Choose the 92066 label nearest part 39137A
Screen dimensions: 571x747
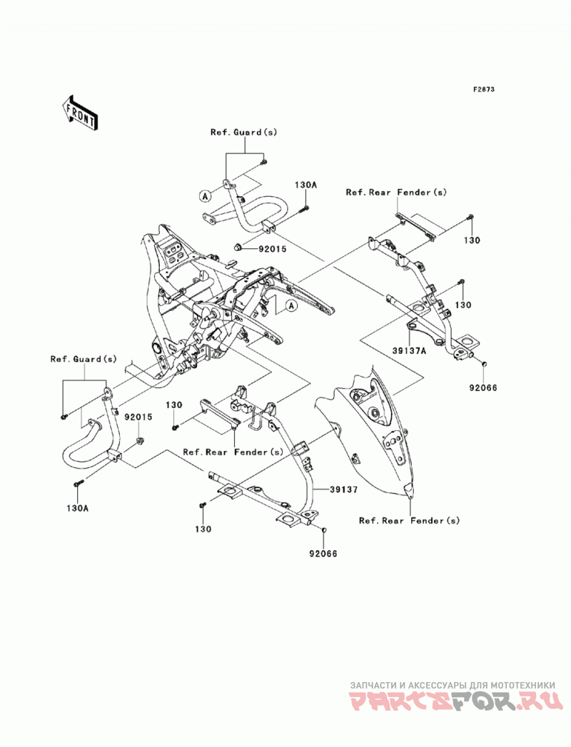484,388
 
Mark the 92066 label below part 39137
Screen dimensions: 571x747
323,554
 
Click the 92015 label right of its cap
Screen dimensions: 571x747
273,248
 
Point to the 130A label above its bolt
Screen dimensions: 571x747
305,184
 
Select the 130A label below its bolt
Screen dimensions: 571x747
78,508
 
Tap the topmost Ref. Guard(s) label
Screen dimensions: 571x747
243,133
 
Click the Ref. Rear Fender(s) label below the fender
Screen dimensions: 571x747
410,521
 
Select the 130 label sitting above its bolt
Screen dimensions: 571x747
174,405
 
